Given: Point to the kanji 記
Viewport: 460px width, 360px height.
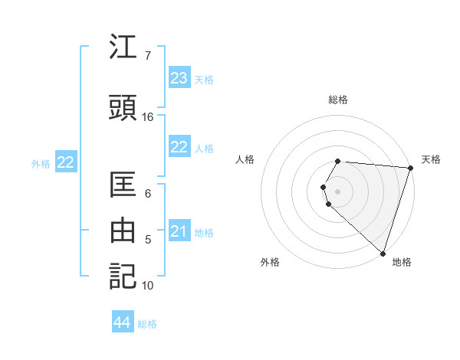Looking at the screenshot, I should point(123,276).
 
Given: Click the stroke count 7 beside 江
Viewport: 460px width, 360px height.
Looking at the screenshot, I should point(147,56).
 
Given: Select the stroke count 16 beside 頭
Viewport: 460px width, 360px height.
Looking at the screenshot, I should point(148,117).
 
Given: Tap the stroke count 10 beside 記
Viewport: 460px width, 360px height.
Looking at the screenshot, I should point(148,286).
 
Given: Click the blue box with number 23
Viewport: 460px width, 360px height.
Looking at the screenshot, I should point(179,78).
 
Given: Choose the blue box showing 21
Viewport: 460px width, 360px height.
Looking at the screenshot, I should point(179,231).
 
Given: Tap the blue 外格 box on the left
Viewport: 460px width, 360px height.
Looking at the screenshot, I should point(65,162).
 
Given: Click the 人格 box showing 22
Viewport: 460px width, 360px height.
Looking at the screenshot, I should point(179,147).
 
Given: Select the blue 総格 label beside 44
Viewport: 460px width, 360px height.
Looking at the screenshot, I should point(147,324).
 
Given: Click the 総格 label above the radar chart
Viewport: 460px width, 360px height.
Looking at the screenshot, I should point(338,100).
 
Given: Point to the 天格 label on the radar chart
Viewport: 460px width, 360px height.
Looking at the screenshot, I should point(431,159).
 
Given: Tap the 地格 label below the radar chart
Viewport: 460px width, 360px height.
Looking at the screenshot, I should point(402,262).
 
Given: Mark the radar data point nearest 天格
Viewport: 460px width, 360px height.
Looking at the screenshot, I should point(410,168).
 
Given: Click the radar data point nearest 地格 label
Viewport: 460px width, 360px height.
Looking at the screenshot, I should point(383,253).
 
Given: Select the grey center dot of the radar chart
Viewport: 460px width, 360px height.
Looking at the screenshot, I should point(338,191).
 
